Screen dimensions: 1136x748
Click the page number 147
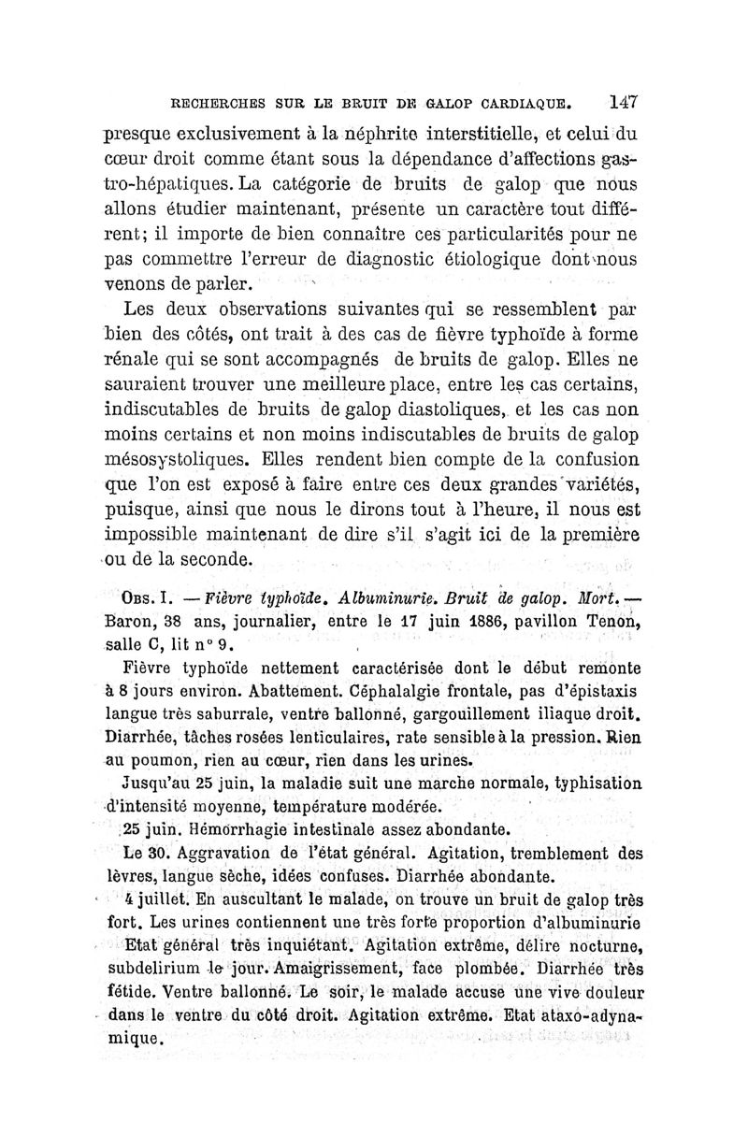coord(622,101)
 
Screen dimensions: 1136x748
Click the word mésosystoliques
coord(177,460)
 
